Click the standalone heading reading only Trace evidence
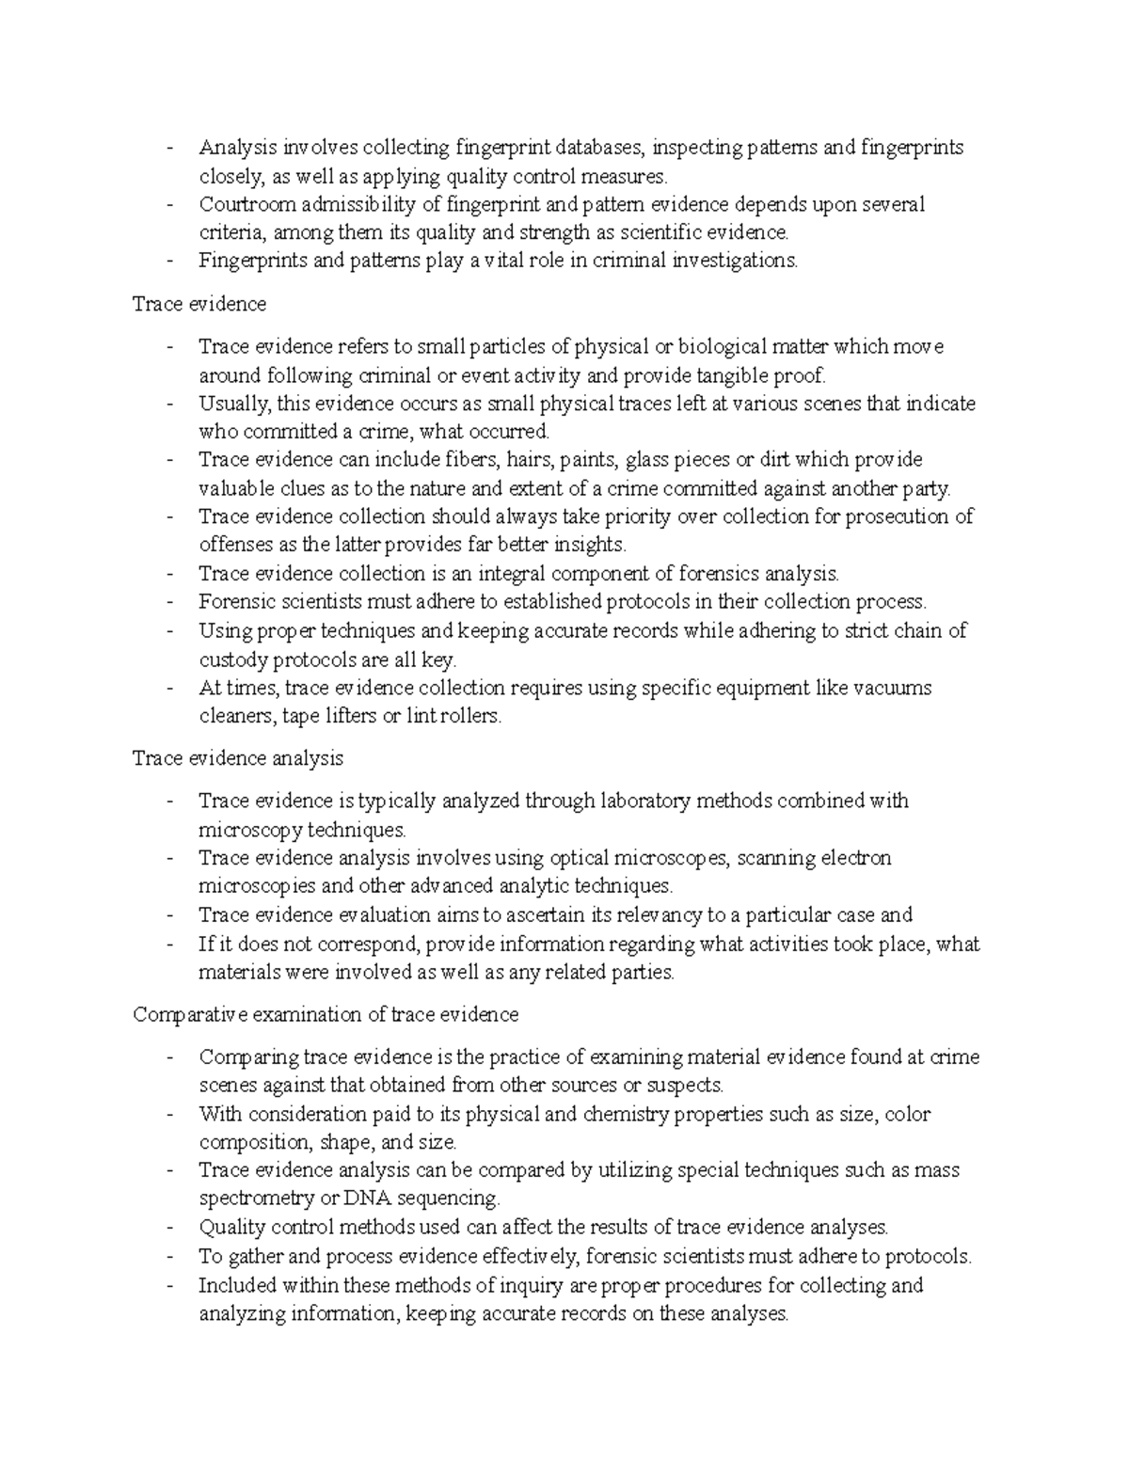click(x=199, y=304)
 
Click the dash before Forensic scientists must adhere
click(x=169, y=602)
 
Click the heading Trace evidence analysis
click(x=238, y=758)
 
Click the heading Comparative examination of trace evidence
click(x=326, y=1015)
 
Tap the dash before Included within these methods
click(x=169, y=1286)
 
